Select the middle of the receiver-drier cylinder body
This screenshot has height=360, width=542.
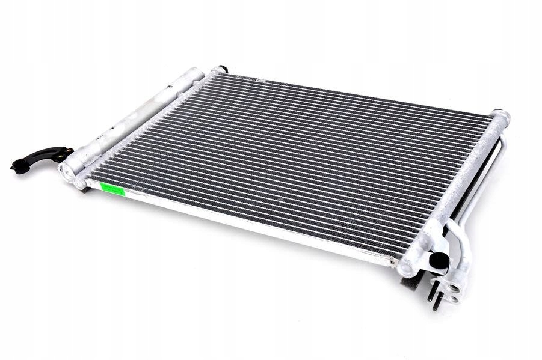click(132, 120)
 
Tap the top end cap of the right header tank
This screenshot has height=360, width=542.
click(500, 117)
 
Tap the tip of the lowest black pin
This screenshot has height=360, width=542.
click(434, 308)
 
